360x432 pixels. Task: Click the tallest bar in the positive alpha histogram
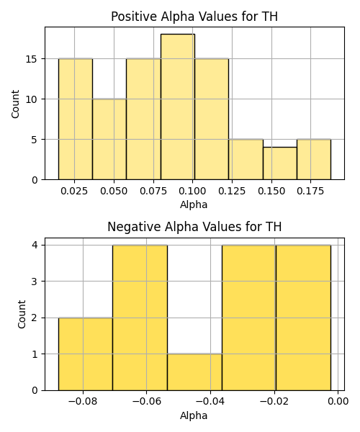click(178, 107)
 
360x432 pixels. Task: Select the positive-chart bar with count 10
click(109, 139)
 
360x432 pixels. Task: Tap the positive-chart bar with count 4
click(280, 163)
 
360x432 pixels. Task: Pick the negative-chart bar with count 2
click(86, 354)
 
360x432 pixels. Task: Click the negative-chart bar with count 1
click(194, 372)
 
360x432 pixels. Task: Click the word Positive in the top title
click(134, 17)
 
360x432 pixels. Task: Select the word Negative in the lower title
click(134, 227)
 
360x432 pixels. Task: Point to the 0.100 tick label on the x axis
click(192, 192)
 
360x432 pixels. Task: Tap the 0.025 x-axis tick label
click(74, 192)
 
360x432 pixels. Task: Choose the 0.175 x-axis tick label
click(310, 192)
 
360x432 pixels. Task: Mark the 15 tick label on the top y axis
click(32, 59)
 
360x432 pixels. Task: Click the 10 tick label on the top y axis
click(32, 99)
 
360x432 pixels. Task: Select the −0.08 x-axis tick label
click(83, 402)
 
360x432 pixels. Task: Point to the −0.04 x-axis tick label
click(210, 402)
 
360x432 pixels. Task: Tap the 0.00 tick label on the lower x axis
click(338, 402)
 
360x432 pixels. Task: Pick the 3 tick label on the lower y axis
click(35, 282)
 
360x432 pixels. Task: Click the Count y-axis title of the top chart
click(15, 104)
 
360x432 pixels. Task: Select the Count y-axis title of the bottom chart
click(22, 315)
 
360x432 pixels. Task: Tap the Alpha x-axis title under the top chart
click(194, 204)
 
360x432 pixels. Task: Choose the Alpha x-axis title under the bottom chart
click(194, 415)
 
